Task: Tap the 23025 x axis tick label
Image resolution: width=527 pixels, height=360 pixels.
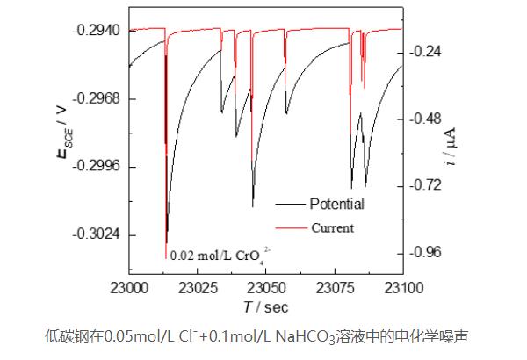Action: pyautogui.click(x=198, y=287)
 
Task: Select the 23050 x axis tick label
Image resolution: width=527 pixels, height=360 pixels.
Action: pyautogui.click(x=265, y=287)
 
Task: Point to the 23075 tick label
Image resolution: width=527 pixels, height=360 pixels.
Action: pyautogui.click(x=334, y=287)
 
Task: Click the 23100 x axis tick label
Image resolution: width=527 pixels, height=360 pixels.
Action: pyautogui.click(x=401, y=287)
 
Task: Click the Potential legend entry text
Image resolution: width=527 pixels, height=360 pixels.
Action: pyautogui.click(x=336, y=204)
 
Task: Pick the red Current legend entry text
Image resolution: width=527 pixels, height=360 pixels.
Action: pyautogui.click(x=332, y=228)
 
